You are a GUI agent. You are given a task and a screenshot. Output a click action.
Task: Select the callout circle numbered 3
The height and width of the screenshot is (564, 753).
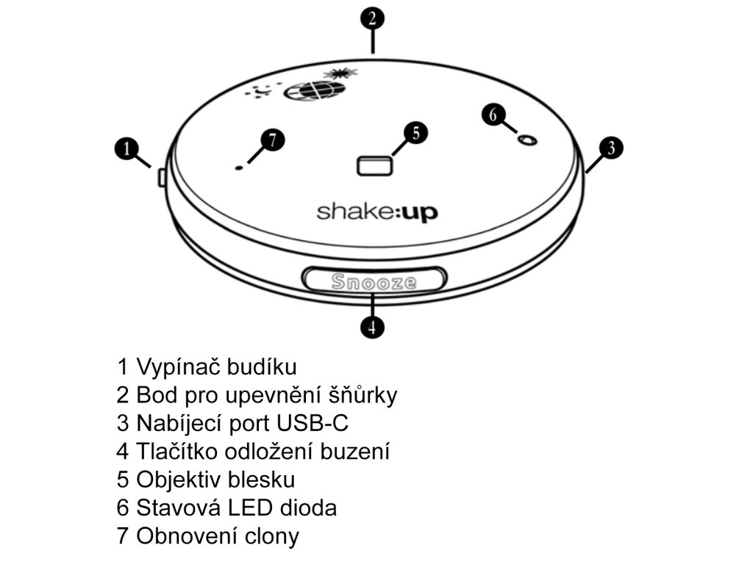(610, 148)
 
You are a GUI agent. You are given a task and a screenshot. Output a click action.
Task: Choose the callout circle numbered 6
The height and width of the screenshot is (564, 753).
(494, 115)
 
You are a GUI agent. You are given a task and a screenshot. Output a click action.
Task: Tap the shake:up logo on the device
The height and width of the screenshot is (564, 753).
(377, 212)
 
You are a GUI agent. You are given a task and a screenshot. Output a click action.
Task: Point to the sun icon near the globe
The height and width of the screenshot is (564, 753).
(340, 72)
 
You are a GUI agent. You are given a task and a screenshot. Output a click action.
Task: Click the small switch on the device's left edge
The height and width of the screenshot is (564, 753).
(161, 177)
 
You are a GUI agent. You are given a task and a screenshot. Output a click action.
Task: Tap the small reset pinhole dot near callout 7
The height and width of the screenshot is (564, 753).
(238, 168)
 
